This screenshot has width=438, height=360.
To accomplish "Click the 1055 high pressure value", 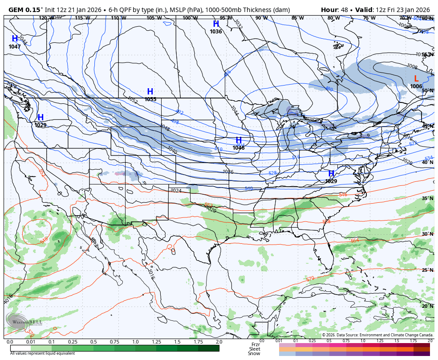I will click(150, 99).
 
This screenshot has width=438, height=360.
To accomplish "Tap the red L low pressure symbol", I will click(416, 79).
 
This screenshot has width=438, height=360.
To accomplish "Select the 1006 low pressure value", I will click(416, 86).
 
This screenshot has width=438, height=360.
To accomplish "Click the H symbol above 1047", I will click(15, 39).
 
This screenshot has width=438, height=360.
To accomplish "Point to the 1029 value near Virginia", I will click(331, 181).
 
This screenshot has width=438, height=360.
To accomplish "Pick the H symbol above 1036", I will click(216, 24).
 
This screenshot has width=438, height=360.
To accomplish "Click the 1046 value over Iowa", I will click(239, 148).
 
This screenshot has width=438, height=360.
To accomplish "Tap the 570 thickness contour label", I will click(310, 279).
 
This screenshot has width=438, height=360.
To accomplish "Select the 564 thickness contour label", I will click(354, 241).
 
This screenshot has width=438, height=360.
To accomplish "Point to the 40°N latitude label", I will click(427, 163).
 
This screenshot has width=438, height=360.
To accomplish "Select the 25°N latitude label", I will click(427, 270).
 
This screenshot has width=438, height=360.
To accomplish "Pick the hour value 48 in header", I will click(344, 10).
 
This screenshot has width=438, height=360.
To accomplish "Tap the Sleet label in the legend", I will click(255, 349).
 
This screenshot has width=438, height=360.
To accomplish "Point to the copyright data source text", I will click(377, 335).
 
